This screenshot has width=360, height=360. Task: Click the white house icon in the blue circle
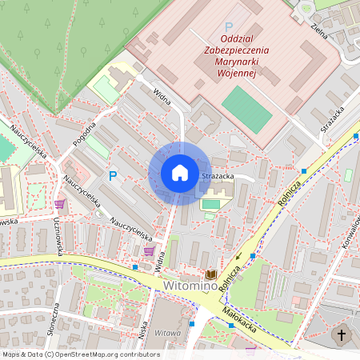[x=179, y=173]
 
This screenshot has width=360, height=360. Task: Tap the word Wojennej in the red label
[x=236, y=73]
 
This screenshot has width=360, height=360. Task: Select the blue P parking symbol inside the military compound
[x=230, y=27]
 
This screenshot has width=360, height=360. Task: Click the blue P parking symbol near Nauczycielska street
[x=113, y=175]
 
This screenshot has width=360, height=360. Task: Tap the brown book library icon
[x=211, y=275]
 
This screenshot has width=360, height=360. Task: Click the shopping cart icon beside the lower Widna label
[x=149, y=250]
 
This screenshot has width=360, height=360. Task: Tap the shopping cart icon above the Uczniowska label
[x=59, y=203]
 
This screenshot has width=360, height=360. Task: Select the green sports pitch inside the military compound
[x=246, y=110]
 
